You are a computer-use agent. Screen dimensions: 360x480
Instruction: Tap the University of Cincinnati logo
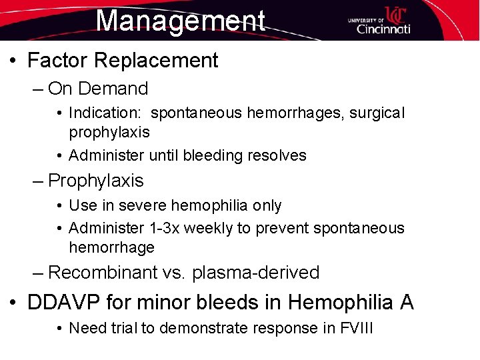click(379, 21)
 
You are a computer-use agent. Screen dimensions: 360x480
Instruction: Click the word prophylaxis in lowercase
click(109, 132)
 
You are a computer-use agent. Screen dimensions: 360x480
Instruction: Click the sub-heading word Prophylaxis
click(96, 181)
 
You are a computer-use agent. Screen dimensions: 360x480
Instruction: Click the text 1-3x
click(163, 228)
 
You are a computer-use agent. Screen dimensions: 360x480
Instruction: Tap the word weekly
click(207, 228)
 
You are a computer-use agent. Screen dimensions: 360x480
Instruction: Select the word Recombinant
click(103, 273)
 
